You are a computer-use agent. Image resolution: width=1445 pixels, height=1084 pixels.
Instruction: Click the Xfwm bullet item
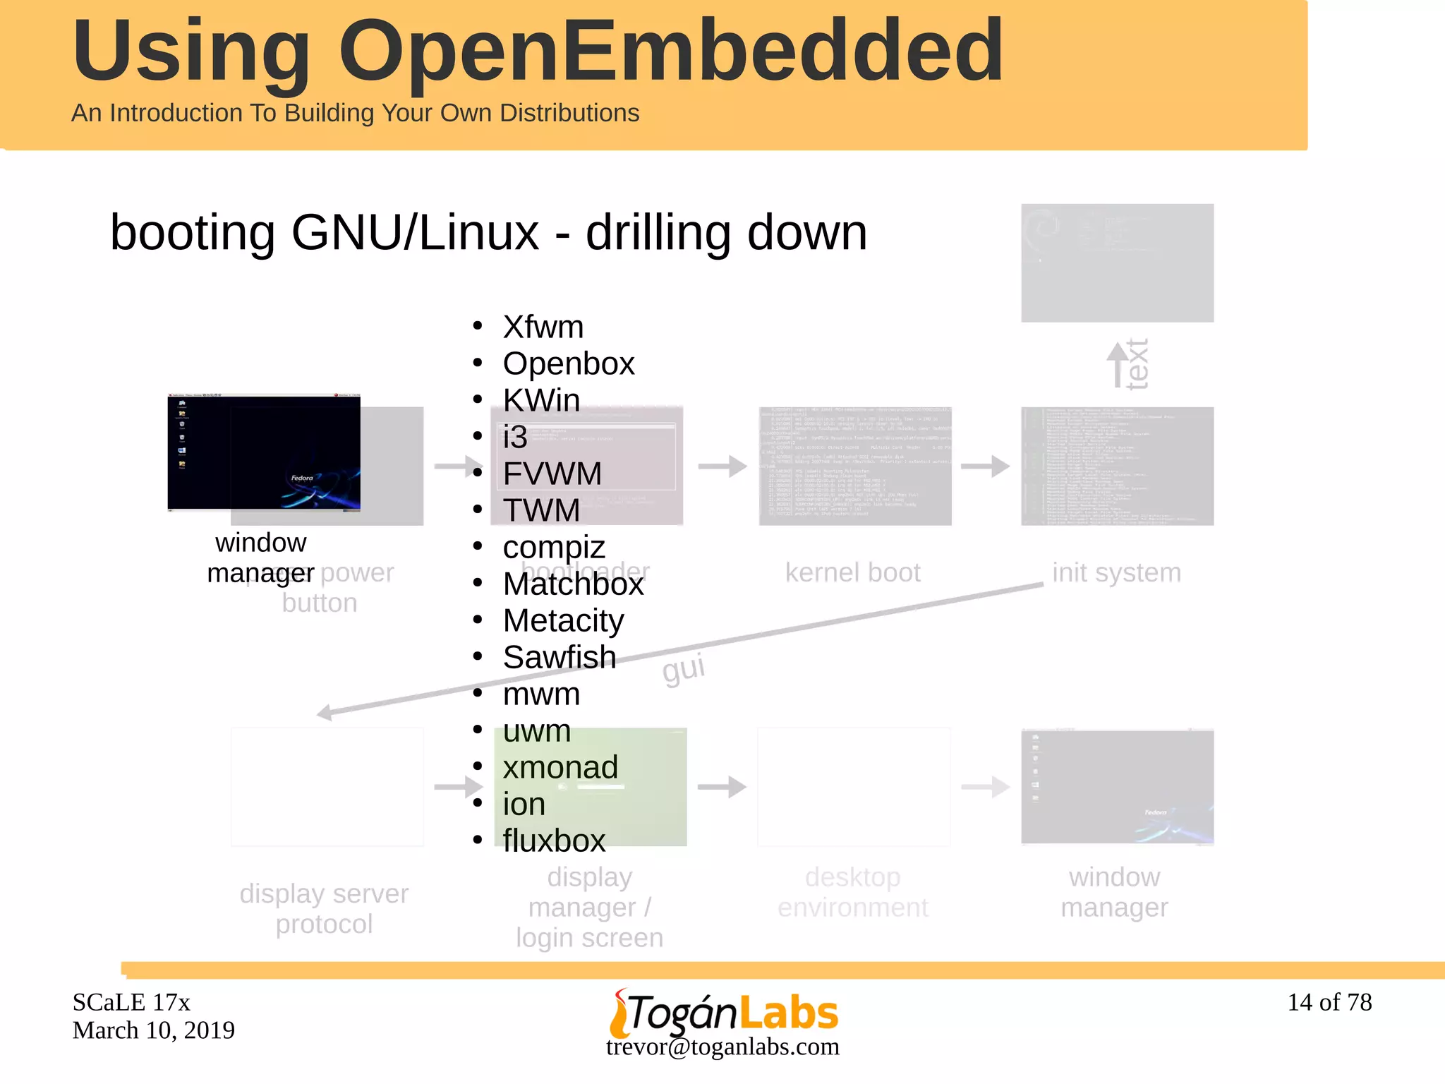pos(543,327)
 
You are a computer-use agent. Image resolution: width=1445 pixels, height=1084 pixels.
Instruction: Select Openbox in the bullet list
pos(568,363)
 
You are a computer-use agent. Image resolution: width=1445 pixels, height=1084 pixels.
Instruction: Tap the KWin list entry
pos(541,400)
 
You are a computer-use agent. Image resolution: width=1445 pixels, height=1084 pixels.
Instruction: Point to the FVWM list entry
pos(552,474)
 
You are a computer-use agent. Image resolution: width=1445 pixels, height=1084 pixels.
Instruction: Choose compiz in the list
pos(554,547)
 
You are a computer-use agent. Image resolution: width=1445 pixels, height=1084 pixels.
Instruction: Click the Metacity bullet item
pos(563,620)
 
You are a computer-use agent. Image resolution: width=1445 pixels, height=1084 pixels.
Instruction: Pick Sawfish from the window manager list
pos(559,657)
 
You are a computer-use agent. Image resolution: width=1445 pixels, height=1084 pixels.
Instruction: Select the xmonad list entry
pos(560,767)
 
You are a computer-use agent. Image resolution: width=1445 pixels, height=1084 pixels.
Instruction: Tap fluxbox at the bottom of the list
pos(554,841)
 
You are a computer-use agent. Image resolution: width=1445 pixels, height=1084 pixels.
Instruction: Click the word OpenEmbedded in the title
pos(670,51)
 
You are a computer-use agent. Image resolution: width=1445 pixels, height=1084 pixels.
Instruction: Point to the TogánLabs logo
pos(724,1012)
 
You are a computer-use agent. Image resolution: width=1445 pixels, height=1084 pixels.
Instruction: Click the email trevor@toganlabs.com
pos(722,1047)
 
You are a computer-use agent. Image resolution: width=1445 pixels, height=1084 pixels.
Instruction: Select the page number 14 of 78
pos(1329,1002)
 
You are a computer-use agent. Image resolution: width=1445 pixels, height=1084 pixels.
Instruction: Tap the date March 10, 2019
pos(154,1030)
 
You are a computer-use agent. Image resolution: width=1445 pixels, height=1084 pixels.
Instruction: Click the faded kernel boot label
pos(852,572)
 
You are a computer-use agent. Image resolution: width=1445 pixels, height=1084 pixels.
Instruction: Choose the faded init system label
pos(1116,572)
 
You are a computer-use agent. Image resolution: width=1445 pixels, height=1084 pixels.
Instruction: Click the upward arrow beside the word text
pos(1117,363)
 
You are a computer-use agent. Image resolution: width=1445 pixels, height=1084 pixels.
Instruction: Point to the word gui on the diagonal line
pos(683,668)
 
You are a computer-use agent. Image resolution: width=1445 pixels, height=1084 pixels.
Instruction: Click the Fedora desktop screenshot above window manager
pos(264,452)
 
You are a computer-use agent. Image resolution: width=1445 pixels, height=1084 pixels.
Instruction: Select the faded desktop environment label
pos(852,892)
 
